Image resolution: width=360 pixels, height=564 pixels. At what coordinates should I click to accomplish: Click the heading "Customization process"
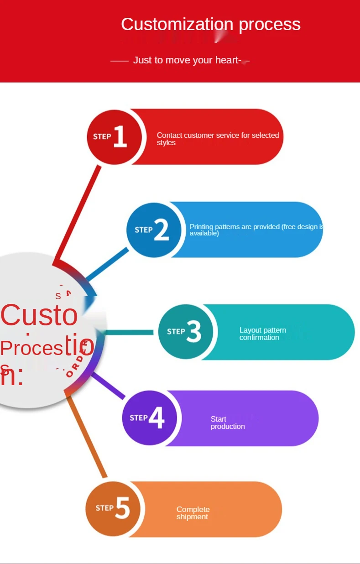[210, 24]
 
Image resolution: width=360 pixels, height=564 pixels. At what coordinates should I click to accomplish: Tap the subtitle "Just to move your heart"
[187, 60]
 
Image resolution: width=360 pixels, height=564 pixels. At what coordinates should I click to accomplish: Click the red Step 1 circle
[114, 136]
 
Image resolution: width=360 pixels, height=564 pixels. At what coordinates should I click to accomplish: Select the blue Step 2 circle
[154, 230]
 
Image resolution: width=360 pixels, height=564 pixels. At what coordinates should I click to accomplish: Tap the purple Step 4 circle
[149, 418]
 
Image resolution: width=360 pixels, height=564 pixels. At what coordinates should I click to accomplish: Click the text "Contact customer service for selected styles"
[218, 139]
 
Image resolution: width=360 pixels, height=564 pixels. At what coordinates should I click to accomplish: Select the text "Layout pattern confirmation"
[262, 334]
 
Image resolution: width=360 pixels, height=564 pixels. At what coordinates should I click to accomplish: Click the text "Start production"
[227, 423]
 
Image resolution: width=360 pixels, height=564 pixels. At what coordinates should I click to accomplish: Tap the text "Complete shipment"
[193, 513]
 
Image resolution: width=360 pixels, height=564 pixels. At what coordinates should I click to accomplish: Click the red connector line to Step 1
[78, 212]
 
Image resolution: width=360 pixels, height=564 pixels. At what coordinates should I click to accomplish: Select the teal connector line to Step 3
[130, 332]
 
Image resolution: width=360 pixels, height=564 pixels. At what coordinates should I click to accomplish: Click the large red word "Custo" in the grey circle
[39, 314]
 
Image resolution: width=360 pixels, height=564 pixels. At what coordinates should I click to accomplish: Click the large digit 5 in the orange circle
[123, 507]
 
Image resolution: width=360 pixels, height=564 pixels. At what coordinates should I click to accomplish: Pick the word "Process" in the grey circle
[31, 348]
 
